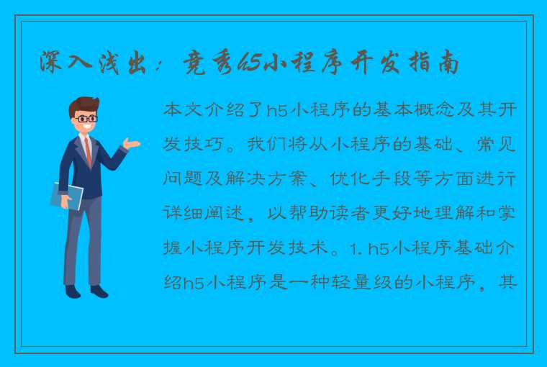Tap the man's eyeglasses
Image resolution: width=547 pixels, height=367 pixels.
pos(86,118)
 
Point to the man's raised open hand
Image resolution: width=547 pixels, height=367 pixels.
pos(131,145)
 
